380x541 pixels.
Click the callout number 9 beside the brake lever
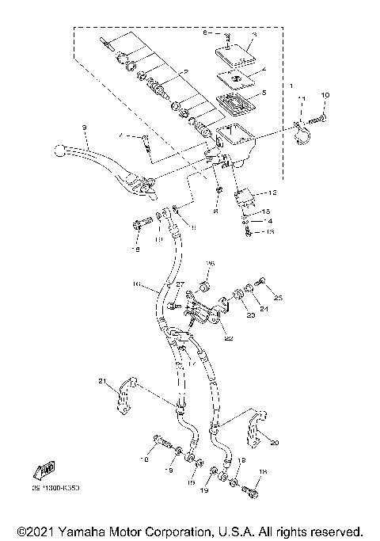[82, 128]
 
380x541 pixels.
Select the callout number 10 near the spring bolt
[324, 96]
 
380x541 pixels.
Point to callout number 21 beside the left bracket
[101, 383]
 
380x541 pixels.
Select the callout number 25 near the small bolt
[277, 298]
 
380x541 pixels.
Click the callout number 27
[180, 285]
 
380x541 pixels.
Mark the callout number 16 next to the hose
[135, 284]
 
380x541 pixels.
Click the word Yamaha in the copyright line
[84, 531]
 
